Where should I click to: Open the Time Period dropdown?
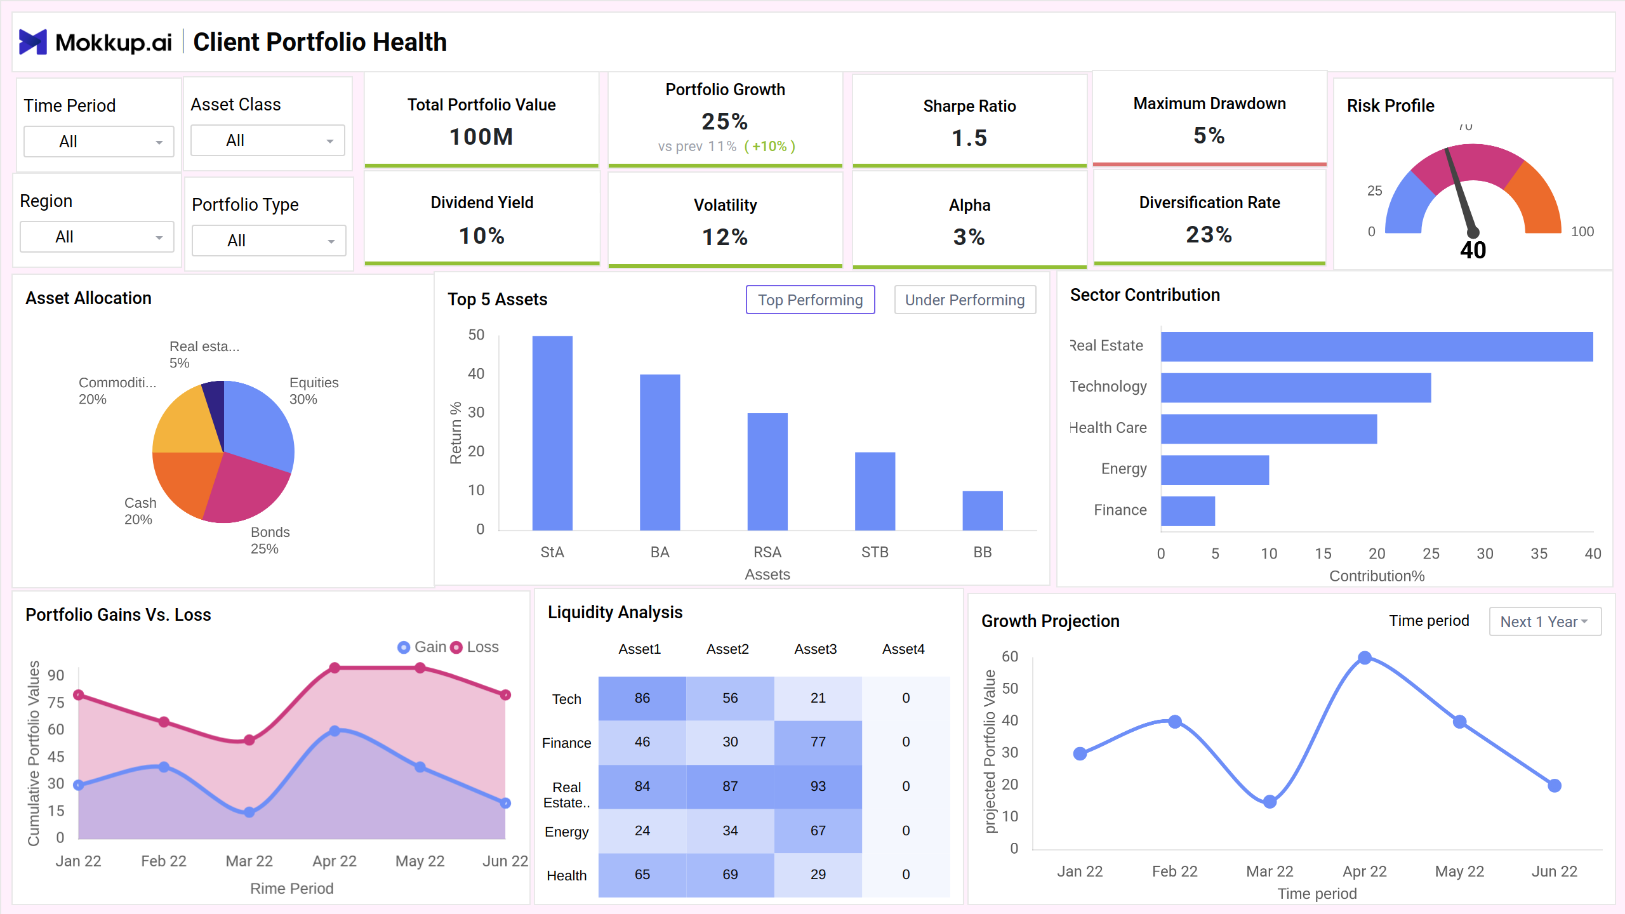98,142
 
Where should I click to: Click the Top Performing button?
810,300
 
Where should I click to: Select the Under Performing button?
964,300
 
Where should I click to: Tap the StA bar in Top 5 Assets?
552,433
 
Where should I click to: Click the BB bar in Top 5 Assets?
982,510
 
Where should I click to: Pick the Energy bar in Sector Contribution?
1214,470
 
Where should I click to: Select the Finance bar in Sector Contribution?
1188,511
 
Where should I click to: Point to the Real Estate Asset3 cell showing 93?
818,786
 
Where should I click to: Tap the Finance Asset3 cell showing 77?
818,742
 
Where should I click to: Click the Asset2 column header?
727,649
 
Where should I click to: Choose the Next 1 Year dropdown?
1544,621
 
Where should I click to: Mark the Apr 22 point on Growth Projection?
1364,658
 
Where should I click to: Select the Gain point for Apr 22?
335,731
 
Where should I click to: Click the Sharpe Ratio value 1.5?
969,138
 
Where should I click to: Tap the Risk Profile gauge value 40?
1473,250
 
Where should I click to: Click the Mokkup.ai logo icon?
32,42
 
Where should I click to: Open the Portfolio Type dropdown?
269,241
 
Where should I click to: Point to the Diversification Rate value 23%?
1209,234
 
